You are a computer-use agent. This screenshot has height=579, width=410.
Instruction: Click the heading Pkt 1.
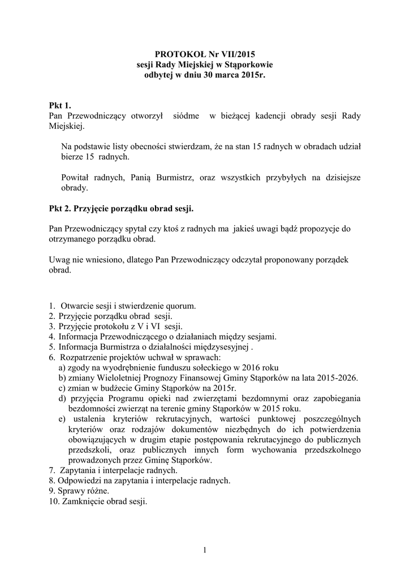[x=60, y=105]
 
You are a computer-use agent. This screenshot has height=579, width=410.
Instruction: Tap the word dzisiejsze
[x=336, y=178]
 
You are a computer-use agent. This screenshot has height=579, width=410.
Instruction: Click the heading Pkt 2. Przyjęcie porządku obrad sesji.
[x=121, y=209]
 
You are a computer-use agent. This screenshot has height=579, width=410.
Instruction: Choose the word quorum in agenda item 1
[x=180, y=306]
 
